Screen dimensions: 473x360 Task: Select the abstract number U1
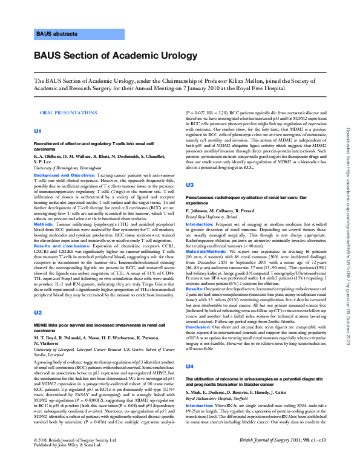tap(38, 131)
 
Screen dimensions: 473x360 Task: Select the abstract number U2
tap(38, 312)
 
